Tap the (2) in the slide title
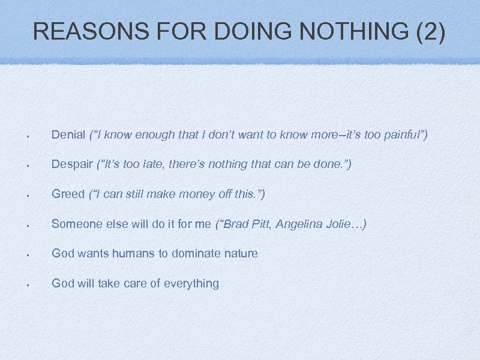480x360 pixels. click(430, 32)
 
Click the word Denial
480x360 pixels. click(68, 134)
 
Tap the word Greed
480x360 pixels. click(68, 194)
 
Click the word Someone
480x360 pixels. click(75, 224)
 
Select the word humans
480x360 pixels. click(136, 253)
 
